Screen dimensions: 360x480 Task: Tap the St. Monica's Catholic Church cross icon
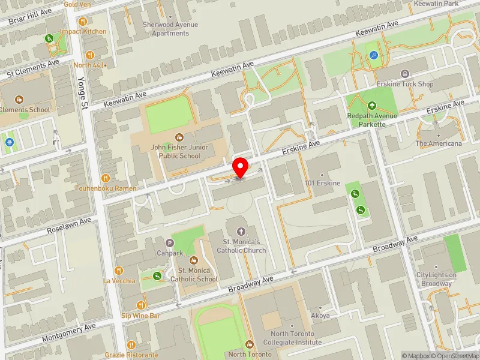(x=241, y=232)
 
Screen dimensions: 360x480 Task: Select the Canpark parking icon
(x=170, y=243)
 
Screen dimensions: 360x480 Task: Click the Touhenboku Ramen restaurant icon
(x=106, y=178)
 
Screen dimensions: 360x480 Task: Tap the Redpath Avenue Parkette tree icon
(x=373, y=106)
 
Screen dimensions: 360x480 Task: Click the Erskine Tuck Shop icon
(x=404, y=74)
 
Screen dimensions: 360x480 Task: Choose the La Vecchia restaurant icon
(x=119, y=271)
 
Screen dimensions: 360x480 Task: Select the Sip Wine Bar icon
(x=141, y=305)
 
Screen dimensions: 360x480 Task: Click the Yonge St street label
(x=81, y=93)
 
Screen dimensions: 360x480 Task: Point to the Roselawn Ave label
(x=70, y=226)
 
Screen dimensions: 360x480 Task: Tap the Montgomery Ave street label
(x=69, y=332)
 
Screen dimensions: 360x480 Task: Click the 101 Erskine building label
(x=322, y=182)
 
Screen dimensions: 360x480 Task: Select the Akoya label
(x=320, y=315)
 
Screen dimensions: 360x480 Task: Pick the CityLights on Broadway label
(x=436, y=279)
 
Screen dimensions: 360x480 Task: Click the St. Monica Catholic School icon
(x=194, y=260)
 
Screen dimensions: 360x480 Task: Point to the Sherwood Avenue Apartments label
(x=170, y=29)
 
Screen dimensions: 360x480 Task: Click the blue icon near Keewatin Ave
(x=374, y=55)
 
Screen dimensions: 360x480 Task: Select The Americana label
(x=439, y=143)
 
